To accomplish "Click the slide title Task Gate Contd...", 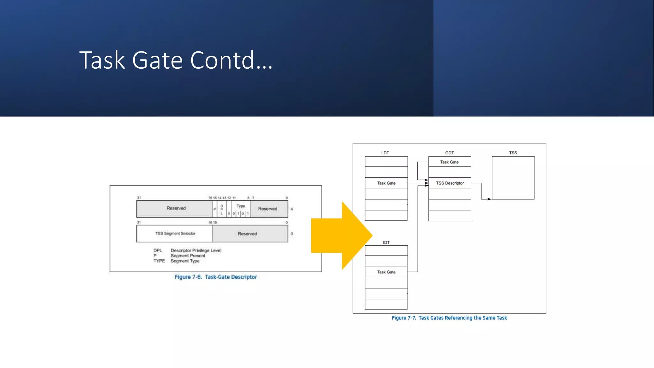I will click(176, 60).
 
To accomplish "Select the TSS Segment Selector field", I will click(175, 234).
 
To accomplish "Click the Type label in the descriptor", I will click(241, 206).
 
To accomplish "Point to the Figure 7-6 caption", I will click(216, 277).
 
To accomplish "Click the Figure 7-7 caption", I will click(449, 318).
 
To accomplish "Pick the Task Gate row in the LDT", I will click(386, 183).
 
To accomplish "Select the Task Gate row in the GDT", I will click(449, 162).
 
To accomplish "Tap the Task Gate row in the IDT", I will click(386, 272).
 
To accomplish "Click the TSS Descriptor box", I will click(450, 183).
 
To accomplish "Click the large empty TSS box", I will click(513, 178).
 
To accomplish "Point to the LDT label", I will click(385, 153).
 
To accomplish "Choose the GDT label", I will click(449, 153).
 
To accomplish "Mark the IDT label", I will click(386, 242).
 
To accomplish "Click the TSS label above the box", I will click(513, 153).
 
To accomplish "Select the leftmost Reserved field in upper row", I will click(176, 208).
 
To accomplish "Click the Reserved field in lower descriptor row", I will click(247, 234).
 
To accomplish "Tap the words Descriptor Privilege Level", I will click(196, 250).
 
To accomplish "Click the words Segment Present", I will click(188, 256).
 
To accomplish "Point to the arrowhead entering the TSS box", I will click(490, 199).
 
